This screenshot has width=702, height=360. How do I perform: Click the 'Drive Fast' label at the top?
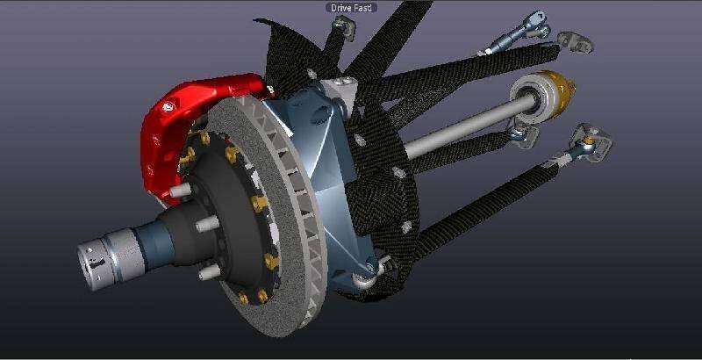[351, 8]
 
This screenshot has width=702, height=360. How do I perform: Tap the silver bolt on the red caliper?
[168, 107]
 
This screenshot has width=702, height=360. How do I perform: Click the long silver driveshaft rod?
[470, 127]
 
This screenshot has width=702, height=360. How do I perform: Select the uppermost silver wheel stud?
[181, 191]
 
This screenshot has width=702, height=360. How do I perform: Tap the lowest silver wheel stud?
[209, 271]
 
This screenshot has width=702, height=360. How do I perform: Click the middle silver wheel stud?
[207, 223]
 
